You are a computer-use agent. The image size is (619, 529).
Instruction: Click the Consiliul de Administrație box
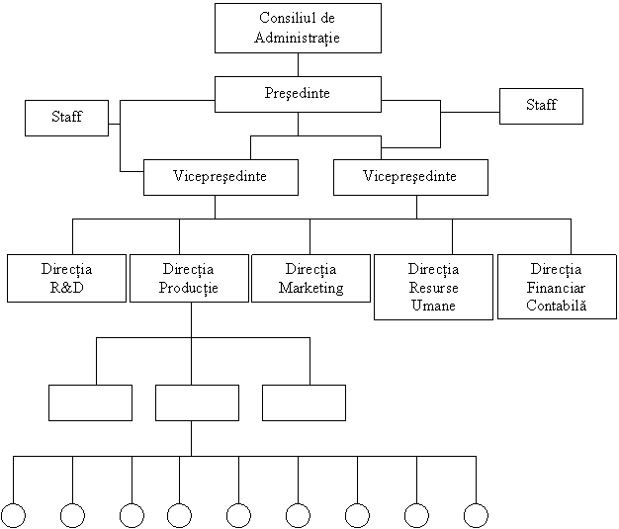298,28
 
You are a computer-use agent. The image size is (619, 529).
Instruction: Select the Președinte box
298,94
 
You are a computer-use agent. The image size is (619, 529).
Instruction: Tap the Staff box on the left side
66,118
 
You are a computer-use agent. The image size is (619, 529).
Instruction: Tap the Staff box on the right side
541,106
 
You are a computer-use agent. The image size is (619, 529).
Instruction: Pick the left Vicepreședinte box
221,177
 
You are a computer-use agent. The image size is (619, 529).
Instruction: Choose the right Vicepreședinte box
410,177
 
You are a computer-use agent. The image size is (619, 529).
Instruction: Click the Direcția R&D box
66,278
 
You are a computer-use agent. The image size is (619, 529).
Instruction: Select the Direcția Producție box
189,278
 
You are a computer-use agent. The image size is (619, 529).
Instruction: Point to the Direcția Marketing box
311,278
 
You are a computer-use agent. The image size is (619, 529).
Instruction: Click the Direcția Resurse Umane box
433,287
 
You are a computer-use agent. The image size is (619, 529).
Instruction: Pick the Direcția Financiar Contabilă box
557,287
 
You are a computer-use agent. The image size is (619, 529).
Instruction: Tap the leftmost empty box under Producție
90,402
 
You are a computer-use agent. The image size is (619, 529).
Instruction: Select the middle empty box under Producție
197,402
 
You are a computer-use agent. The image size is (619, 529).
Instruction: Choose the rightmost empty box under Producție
304,402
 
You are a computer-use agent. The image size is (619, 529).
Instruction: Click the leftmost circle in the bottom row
14,515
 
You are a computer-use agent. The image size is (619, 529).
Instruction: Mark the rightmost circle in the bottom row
476,515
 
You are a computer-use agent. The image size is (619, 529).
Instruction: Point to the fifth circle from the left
238,515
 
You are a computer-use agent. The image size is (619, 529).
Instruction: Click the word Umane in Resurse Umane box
433,306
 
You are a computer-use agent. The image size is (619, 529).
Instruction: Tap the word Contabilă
557,306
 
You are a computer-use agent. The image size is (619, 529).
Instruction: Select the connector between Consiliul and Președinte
298,64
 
